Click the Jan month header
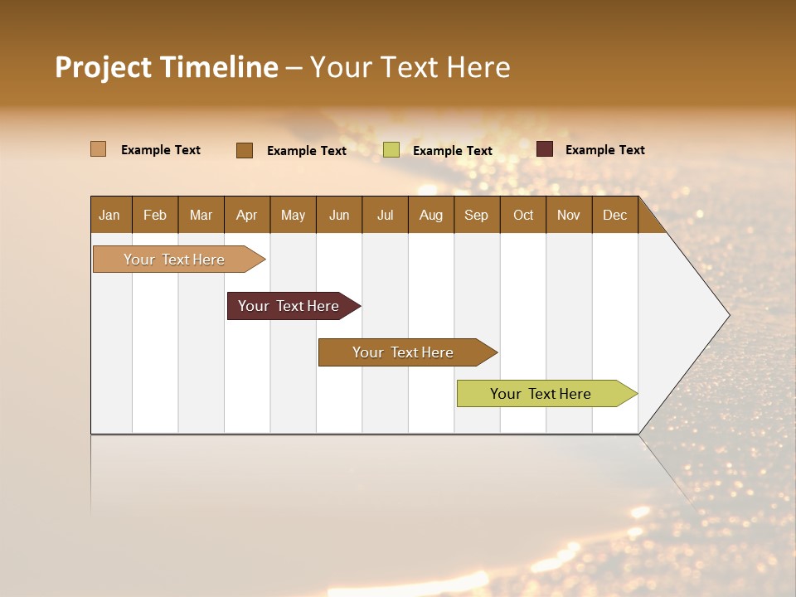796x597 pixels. point(110,215)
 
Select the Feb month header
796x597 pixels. point(155,215)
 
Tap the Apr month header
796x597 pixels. point(247,215)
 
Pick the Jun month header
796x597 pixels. point(339,215)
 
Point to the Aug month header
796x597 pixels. point(431,215)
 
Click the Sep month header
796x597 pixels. point(477,215)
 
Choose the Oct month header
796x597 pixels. point(523,215)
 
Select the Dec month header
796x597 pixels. point(615,215)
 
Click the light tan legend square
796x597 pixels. point(98,149)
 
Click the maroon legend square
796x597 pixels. point(545,149)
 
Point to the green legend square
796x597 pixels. point(391,150)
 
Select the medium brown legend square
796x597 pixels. point(245,150)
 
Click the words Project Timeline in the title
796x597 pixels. point(167,67)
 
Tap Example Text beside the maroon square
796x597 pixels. point(604,150)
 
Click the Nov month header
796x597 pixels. point(569,215)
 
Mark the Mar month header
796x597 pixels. point(201,215)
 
